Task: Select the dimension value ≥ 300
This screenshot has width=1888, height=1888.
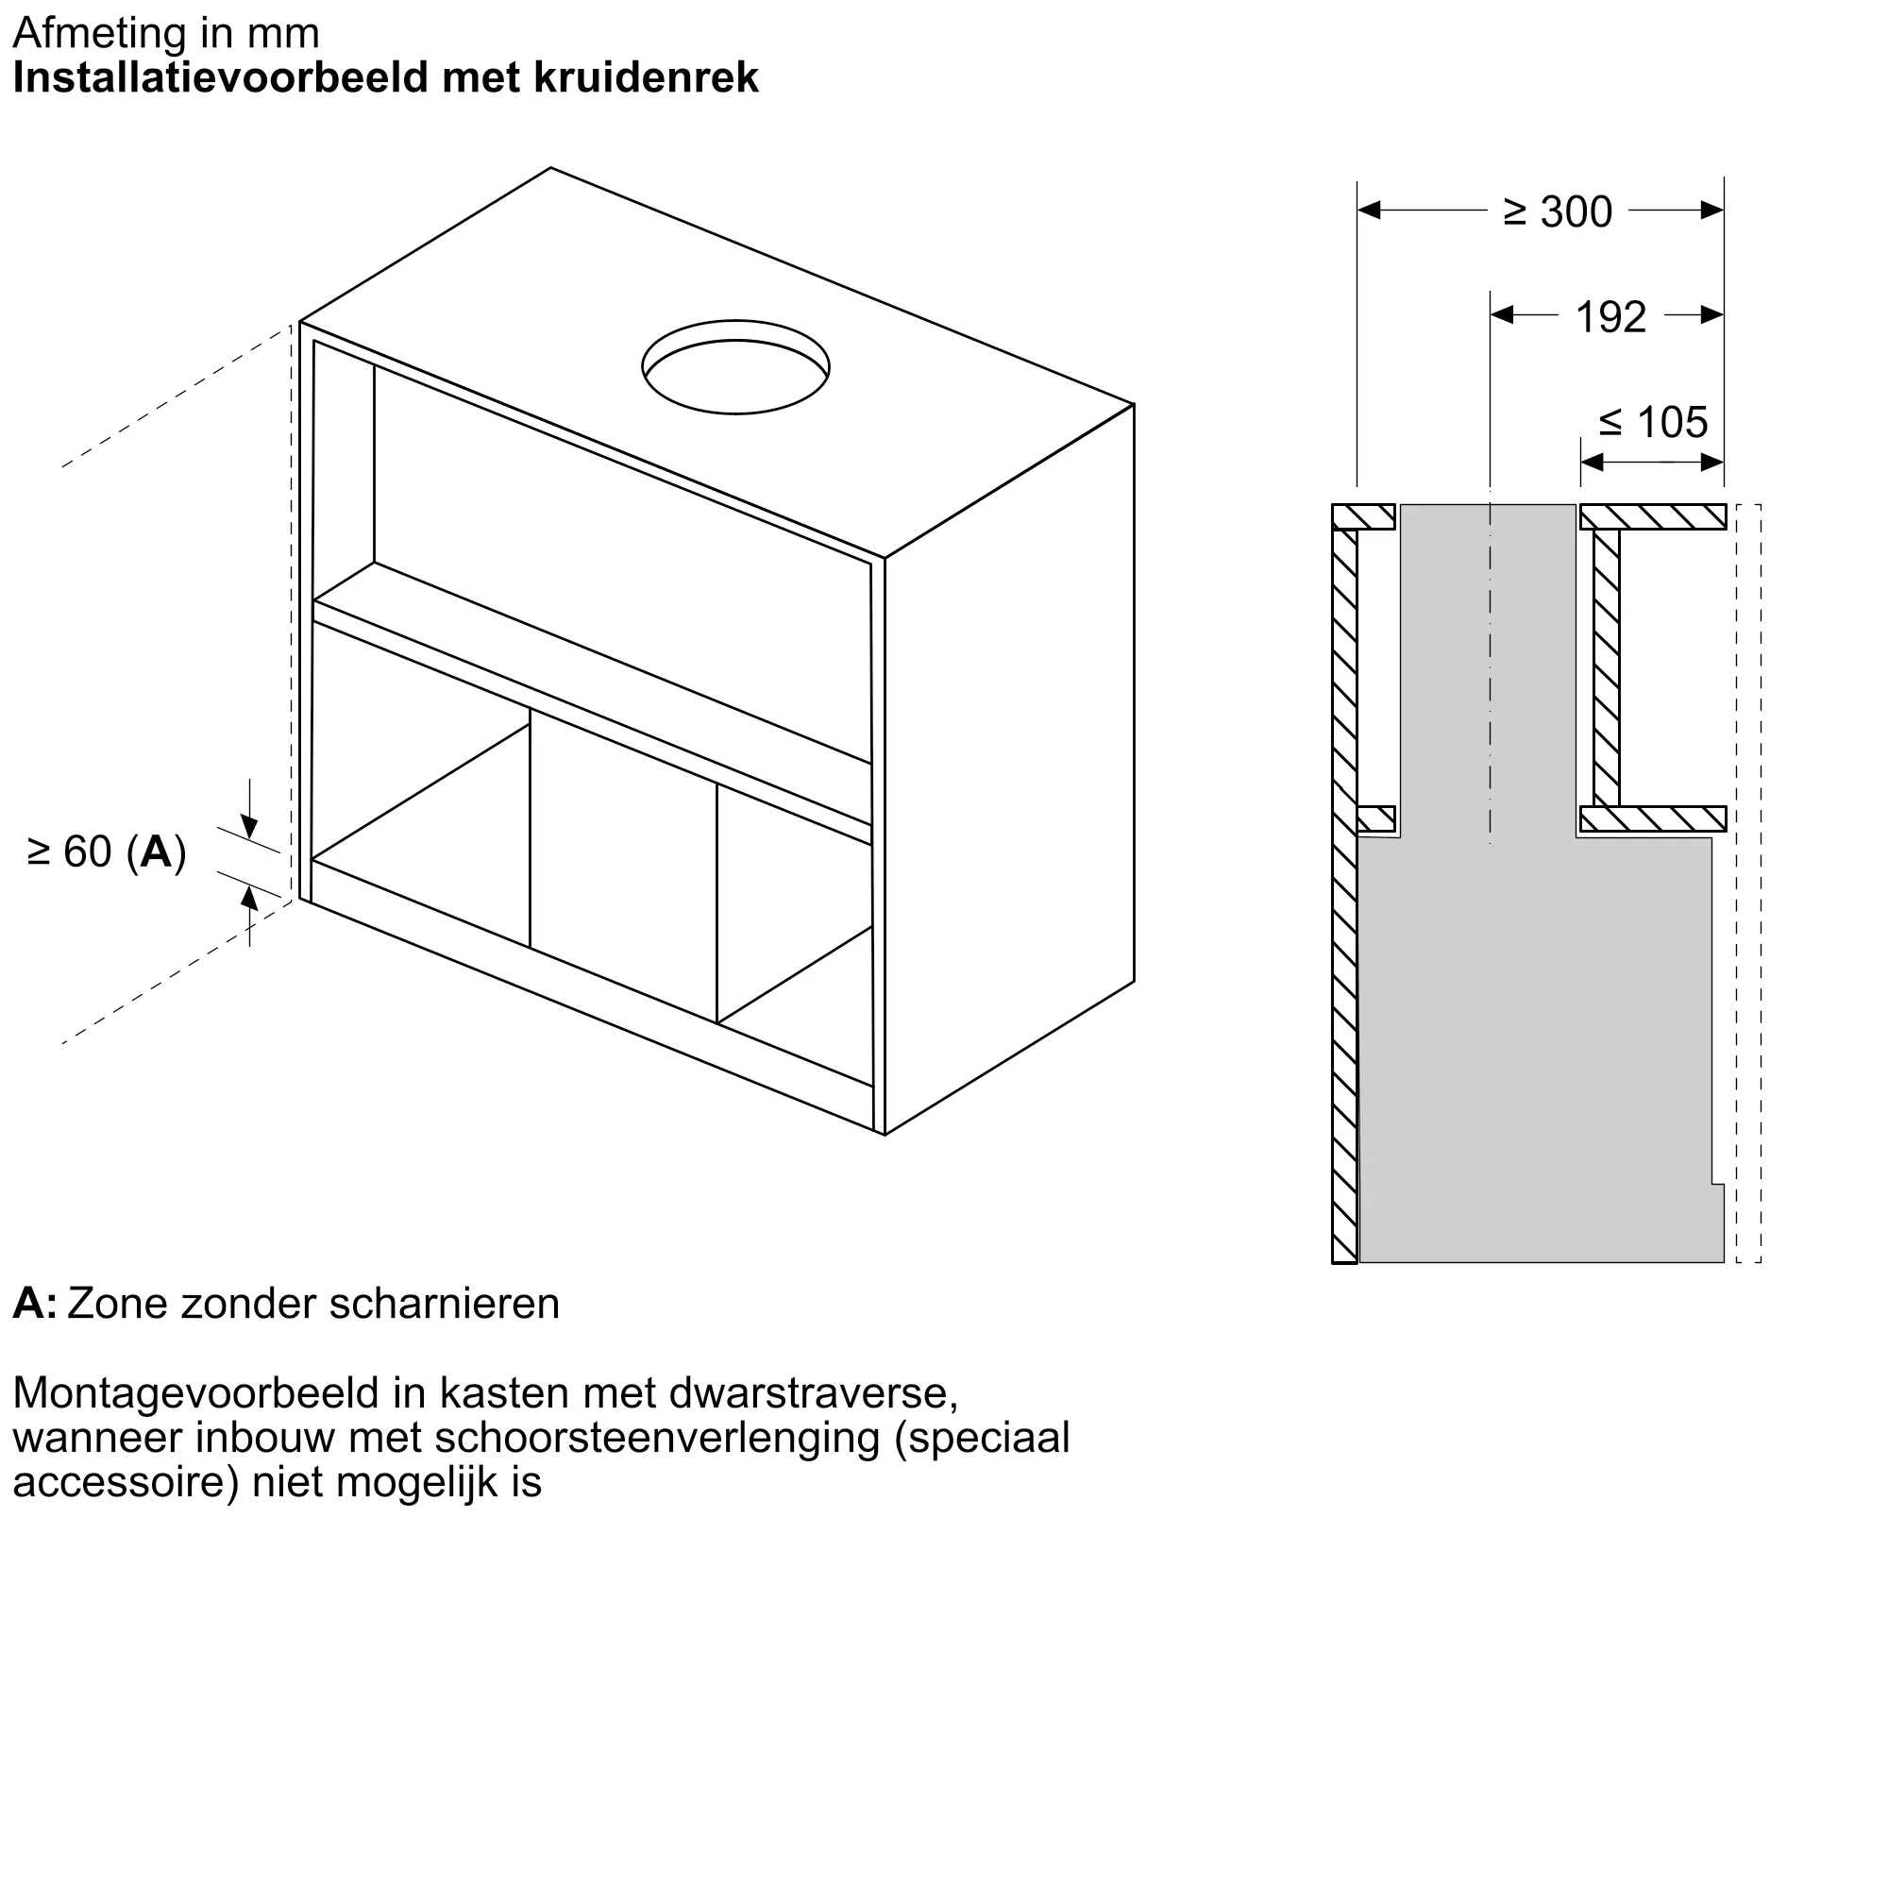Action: click(1557, 212)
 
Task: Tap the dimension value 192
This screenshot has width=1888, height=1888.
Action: click(1610, 317)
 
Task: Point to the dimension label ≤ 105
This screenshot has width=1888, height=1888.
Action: click(1653, 423)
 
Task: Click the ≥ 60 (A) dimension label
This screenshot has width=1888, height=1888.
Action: click(107, 852)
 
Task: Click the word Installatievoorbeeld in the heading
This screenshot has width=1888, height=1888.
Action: click(222, 78)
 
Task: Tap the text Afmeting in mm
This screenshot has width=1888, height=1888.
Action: click(166, 33)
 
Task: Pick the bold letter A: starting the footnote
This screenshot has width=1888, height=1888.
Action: click(35, 1304)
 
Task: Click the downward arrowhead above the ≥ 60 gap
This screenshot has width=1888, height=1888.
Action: click(250, 829)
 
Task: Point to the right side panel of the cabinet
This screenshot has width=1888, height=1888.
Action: click(1009, 772)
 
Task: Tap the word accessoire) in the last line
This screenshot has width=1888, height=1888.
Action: click(126, 1482)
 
